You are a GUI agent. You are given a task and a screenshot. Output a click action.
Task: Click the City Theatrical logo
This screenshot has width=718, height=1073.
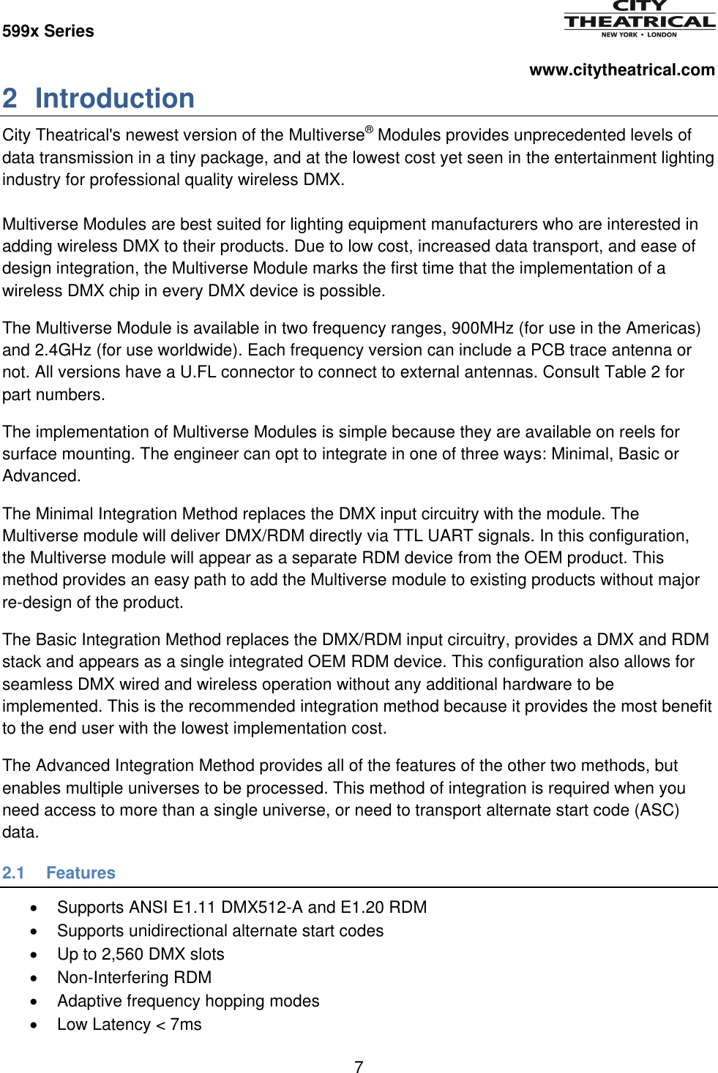tap(639, 19)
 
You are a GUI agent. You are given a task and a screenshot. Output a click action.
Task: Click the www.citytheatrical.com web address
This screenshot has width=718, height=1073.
tap(621, 70)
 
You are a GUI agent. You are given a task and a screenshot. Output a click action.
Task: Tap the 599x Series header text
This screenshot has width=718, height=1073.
tap(48, 31)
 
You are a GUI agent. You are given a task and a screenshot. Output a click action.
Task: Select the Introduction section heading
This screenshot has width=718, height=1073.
tap(115, 99)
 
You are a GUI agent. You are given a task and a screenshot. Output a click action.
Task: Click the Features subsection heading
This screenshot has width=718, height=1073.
tap(81, 873)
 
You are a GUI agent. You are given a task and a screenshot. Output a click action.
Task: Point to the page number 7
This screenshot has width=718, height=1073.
tap(359, 1067)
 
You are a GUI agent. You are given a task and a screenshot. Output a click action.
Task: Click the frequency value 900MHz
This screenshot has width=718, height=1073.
tap(482, 328)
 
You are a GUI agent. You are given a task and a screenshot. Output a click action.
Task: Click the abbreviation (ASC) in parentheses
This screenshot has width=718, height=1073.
tap(657, 810)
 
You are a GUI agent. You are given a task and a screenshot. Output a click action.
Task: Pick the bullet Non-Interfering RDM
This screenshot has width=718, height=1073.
tap(134, 978)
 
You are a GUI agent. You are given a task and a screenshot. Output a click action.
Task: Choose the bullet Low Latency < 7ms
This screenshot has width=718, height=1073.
tap(129, 1025)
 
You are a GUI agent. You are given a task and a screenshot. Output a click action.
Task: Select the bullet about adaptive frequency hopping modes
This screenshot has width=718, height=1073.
tap(188, 1001)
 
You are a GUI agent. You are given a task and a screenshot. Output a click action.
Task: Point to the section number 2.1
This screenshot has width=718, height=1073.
tap(13, 873)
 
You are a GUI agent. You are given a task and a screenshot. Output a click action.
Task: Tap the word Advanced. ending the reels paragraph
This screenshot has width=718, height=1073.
tap(41, 476)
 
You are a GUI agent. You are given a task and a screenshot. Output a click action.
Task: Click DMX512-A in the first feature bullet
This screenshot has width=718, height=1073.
tap(262, 908)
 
